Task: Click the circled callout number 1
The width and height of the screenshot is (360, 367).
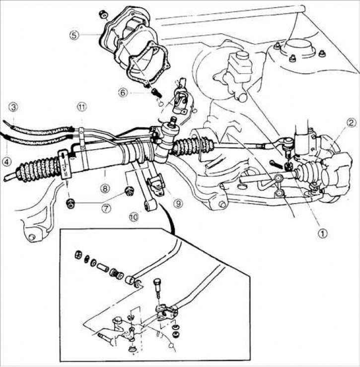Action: point(323,232)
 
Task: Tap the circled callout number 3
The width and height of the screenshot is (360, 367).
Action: point(13,106)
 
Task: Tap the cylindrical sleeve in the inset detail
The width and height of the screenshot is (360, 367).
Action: point(104,268)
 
